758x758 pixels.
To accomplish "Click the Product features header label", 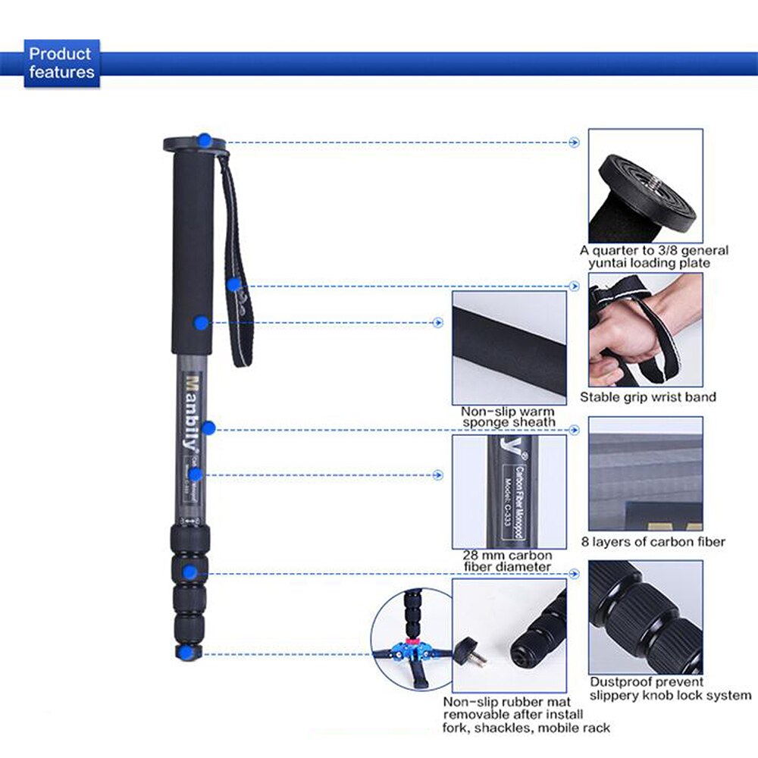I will click(x=61, y=64).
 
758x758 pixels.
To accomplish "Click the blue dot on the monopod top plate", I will click(x=205, y=140).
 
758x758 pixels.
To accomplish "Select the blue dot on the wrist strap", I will click(x=234, y=285).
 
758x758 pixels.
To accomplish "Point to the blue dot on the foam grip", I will click(x=201, y=323).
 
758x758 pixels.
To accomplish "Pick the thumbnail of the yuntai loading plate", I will click(x=645, y=185).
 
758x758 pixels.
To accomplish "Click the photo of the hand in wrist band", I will click(x=645, y=330).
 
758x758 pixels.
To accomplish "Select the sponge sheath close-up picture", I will click(x=509, y=347).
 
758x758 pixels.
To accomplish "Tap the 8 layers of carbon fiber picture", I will click(x=645, y=474).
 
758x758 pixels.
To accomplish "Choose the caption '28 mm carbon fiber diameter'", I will click(x=509, y=560).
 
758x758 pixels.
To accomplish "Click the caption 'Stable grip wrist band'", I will click(x=647, y=397).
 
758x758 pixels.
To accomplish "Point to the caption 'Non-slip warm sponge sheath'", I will click(x=509, y=416).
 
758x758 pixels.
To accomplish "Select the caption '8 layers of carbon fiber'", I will click(x=653, y=541).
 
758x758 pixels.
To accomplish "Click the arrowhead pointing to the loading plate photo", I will click(x=574, y=142).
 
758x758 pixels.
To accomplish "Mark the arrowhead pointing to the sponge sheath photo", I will click(x=438, y=323).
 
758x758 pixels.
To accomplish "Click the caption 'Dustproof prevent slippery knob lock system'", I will click(x=670, y=688).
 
